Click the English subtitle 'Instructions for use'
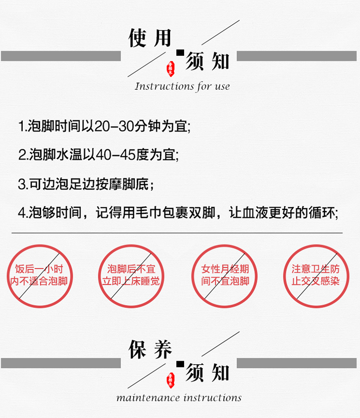click(182, 87)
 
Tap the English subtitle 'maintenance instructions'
click(179, 398)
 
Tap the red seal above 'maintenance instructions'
click(170, 379)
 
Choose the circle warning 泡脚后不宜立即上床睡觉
click(130, 276)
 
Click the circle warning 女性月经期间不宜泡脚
click(223, 276)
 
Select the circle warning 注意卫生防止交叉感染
click(315, 276)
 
